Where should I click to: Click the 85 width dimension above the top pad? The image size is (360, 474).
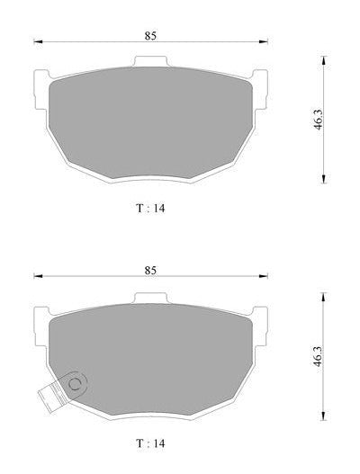click(150, 36)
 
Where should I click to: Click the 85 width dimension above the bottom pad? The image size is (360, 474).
click(150, 270)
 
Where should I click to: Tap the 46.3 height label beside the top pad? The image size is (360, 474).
click(318, 120)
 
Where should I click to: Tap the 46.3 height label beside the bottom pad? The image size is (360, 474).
click(318, 356)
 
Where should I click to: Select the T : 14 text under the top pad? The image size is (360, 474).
click(150, 209)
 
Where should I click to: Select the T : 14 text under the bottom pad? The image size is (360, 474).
click(150, 443)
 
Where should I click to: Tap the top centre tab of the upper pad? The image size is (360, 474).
click(150, 61)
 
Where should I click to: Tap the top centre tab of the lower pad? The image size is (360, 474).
click(150, 298)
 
